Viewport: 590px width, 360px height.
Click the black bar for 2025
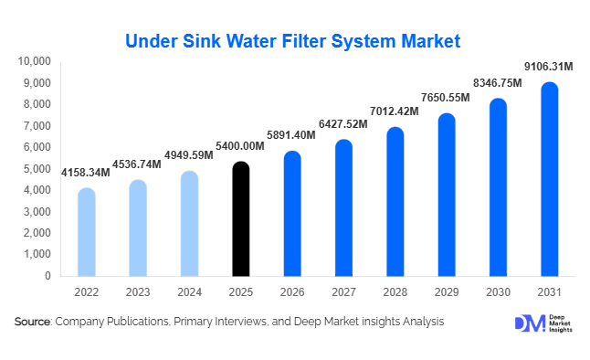click(x=240, y=219)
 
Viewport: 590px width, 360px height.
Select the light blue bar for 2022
click(x=87, y=232)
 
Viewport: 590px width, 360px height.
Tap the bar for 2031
click(x=549, y=179)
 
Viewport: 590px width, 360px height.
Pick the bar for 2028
click(x=395, y=202)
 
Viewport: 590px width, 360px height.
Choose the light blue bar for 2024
click(x=189, y=224)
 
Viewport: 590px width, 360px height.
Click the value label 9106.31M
click(x=548, y=66)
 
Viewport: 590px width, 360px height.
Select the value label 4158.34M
click(x=86, y=172)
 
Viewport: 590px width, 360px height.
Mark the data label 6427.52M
click(x=343, y=125)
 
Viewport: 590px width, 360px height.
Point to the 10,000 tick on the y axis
click(x=35, y=61)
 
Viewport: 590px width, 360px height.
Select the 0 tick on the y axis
click(x=47, y=276)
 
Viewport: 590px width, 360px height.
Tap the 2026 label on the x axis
click(x=291, y=293)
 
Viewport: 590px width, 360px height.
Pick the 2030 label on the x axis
click(x=497, y=293)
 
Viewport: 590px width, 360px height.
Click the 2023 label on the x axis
click(x=138, y=293)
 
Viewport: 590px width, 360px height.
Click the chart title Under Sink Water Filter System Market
click(x=292, y=41)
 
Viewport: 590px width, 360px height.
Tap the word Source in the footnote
click(x=33, y=322)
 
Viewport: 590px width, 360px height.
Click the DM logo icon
click(x=528, y=324)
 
